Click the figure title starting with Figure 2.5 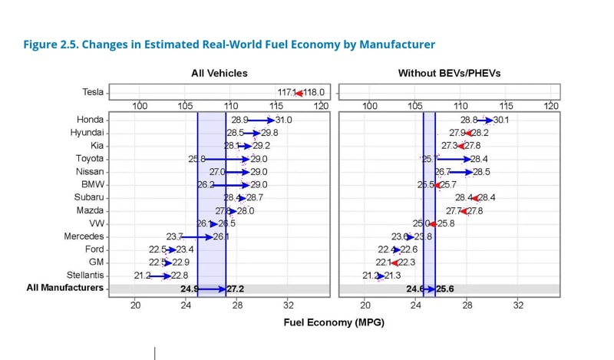click(229, 45)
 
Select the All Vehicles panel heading click(220, 73)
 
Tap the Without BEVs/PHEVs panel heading click(449, 73)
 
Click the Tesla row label click(92, 92)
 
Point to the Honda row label click(91, 119)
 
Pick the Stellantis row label click(86, 275)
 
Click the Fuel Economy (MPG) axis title click(334, 322)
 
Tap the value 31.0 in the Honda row click(283, 120)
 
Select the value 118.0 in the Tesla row click(313, 92)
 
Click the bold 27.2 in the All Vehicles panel click(236, 289)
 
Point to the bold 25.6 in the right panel click(446, 289)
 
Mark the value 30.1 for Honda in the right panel click(500, 120)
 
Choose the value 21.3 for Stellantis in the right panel click(392, 276)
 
